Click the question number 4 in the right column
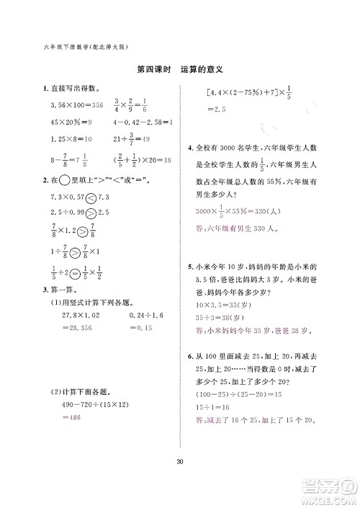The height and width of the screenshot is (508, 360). [189, 148]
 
